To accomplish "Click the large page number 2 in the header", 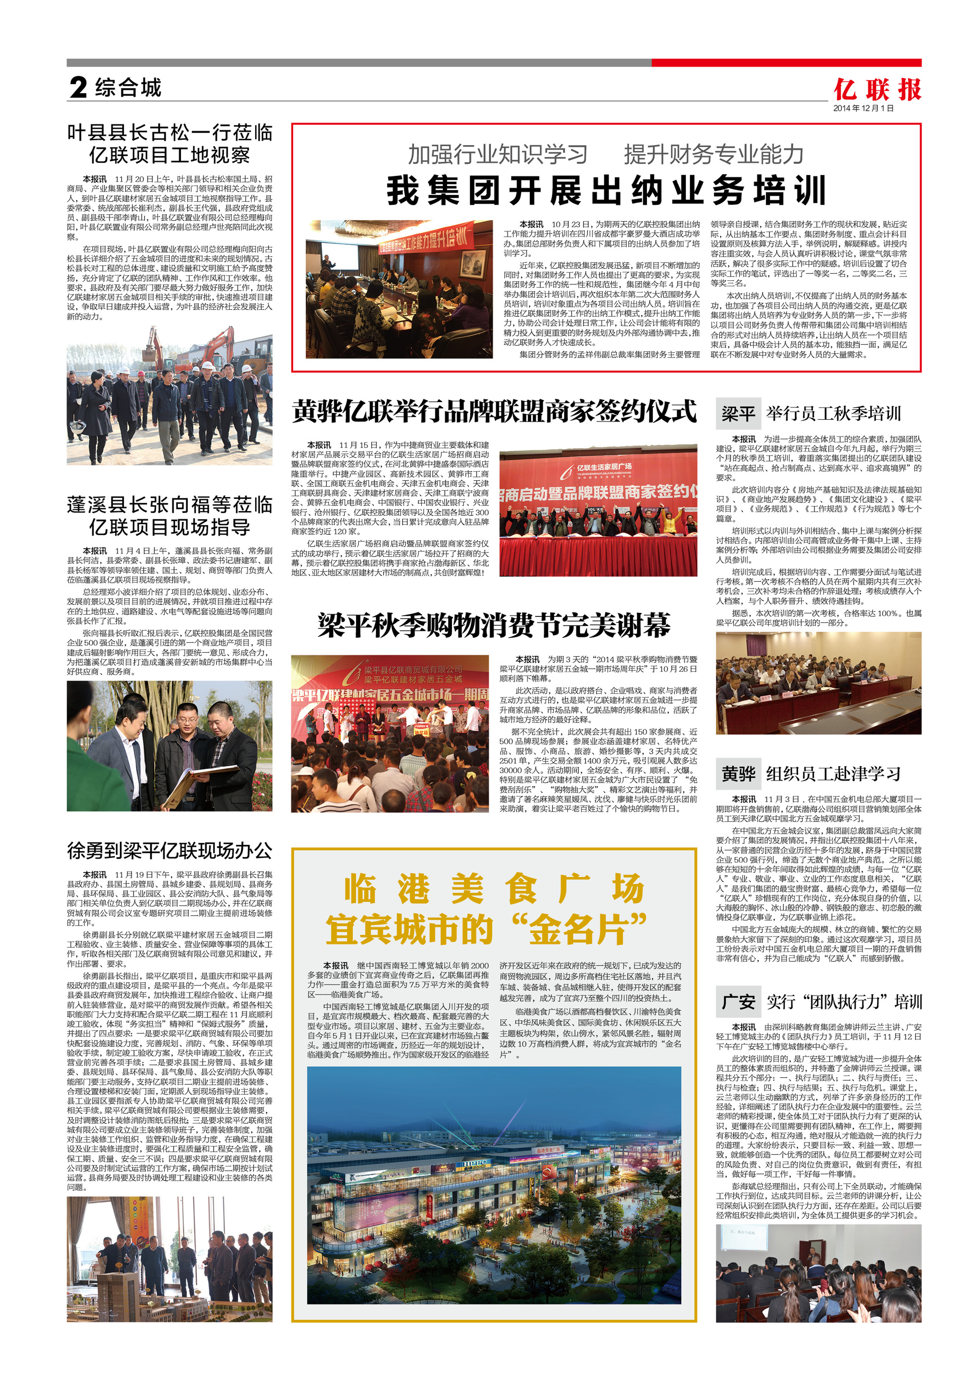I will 78,88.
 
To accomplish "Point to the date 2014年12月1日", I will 863,108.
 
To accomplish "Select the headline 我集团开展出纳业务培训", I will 606,191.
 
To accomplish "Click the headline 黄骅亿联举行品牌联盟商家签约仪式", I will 494,411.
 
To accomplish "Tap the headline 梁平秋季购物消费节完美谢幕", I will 494,625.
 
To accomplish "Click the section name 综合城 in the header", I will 128,88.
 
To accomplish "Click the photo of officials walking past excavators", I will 169,395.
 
